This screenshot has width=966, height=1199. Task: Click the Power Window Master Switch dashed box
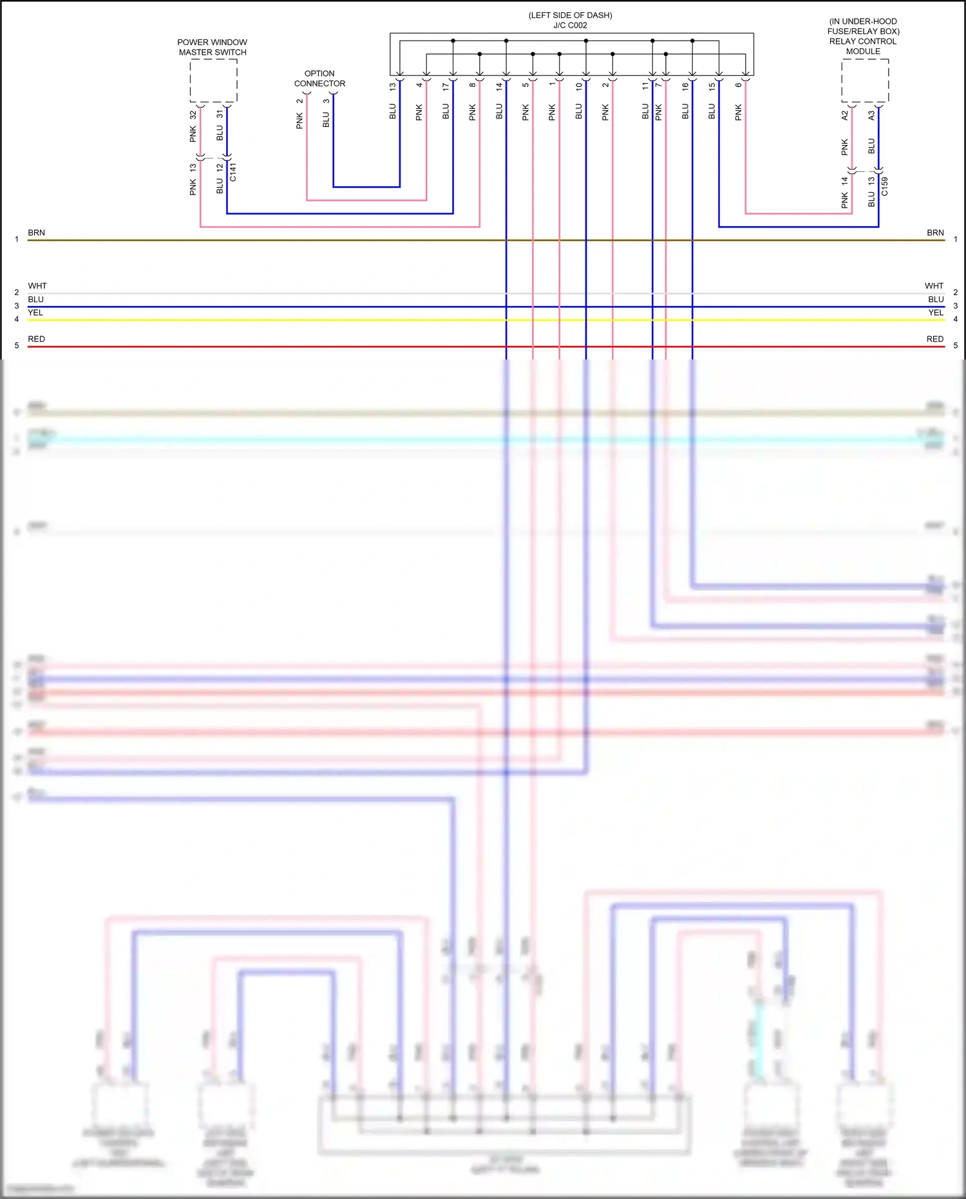[213, 81]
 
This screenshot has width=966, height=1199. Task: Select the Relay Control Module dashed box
[865, 81]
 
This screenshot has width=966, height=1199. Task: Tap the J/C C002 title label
[570, 26]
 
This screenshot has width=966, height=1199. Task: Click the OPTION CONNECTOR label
[319, 79]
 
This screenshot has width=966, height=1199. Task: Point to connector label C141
[233, 172]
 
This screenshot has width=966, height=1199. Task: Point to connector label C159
[885, 186]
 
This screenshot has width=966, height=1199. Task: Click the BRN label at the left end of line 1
[36, 233]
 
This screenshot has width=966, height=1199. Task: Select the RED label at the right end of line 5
[935, 339]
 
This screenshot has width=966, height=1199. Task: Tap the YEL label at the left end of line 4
[35, 312]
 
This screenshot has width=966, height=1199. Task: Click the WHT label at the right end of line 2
[934, 285]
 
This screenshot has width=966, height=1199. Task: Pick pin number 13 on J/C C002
[392, 86]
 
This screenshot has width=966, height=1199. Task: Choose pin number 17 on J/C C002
[446, 86]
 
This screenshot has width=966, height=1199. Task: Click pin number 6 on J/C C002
[739, 85]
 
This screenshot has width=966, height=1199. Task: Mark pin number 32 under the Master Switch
[193, 115]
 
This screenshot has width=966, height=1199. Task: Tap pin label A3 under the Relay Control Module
[871, 115]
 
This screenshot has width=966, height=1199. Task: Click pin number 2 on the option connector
[299, 101]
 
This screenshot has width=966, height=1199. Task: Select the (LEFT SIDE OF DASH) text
[570, 15]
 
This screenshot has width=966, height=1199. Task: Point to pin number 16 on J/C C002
[685, 86]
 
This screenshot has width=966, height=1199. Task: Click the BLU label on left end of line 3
[35, 299]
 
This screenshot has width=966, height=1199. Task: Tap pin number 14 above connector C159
[844, 181]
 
